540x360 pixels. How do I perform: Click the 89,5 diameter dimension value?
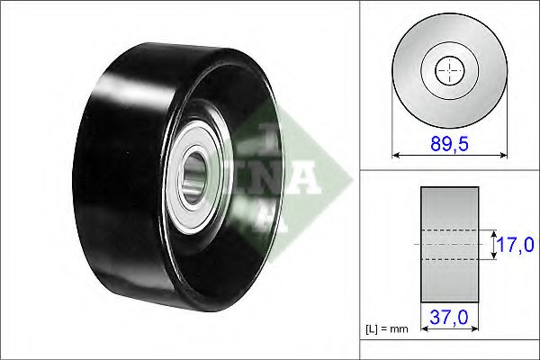pyautogui.click(x=449, y=143)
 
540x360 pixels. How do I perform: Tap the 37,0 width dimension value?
pyautogui.click(x=449, y=317)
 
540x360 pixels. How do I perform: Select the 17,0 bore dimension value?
pyautogui.click(x=516, y=245)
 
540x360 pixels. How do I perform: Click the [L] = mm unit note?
pyautogui.click(x=386, y=329)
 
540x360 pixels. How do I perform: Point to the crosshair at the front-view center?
pyautogui.click(x=449, y=70)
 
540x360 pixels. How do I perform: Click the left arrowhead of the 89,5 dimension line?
pyautogui.click(x=396, y=155)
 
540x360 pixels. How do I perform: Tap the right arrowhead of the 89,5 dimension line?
pyautogui.click(x=503, y=155)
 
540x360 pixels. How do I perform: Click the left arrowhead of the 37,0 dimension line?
pyautogui.click(x=424, y=328)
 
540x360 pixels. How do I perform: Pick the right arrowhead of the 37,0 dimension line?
pyautogui.click(x=475, y=328)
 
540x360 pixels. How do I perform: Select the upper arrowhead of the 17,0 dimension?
pyautogui.click(x=493, y=234)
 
